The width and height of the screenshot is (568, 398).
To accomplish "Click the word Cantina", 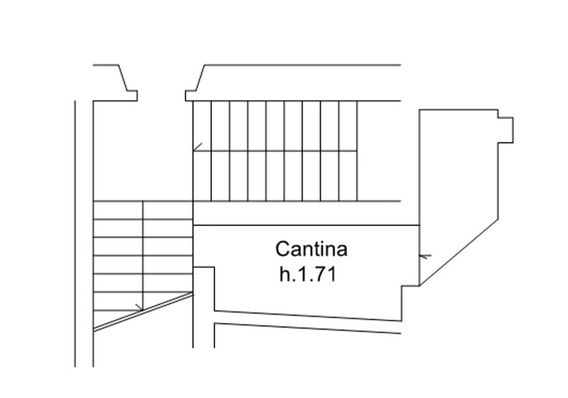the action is coord(311,249).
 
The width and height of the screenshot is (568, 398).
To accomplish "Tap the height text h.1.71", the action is coord(308,274).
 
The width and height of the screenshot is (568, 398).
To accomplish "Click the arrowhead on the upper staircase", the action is coord(197,147).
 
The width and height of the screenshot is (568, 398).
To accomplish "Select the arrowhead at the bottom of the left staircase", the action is coord(139,308).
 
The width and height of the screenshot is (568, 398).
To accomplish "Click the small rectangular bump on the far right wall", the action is coord(506,130).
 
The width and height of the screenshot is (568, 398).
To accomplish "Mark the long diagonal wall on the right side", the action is coord(458,252).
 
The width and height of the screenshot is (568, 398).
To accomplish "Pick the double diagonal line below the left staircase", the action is coord(143,312).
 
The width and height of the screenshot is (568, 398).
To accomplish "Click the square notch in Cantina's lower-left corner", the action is coord(204,288).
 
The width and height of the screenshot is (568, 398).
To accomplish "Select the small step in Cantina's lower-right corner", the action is coord(411,303).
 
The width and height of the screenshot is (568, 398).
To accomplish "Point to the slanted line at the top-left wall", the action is coord(123,78).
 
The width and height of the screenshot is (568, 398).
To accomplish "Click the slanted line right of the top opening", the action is coord(200,78).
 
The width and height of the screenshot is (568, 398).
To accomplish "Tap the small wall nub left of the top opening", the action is coord(132,95).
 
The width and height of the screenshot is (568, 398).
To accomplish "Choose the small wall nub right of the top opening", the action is coord(190,95).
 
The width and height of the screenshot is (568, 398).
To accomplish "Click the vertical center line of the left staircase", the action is coord(143,255).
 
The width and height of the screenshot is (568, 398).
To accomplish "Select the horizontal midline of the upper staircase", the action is coord(275,151).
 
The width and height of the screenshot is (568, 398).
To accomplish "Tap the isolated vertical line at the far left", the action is coord(75,233).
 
